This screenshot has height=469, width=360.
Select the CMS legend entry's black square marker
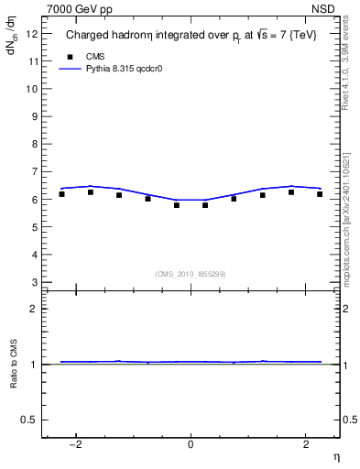point(69,56)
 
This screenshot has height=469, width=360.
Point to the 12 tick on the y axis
point(32,34)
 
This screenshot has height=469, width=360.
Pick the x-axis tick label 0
point(191,444)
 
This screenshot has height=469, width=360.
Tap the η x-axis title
point(335,456)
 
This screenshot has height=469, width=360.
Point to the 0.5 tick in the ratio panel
point(31,420)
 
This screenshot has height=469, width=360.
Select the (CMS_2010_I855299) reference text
point(191,273)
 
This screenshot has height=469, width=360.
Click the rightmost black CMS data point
point(320,194)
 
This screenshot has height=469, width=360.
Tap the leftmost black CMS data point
point(61,194)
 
